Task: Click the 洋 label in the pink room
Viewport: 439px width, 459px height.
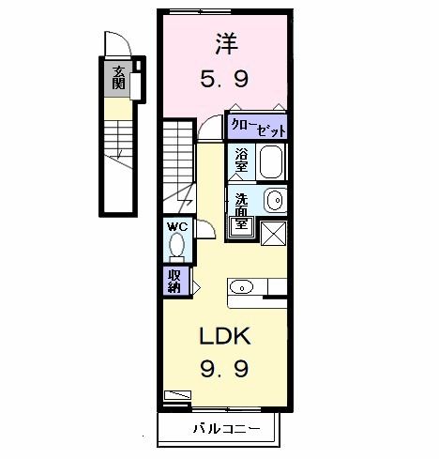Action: pos(226,44)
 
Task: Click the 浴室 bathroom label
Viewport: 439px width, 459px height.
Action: pos(242,161)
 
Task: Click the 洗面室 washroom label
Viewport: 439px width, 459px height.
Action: pos(241,211)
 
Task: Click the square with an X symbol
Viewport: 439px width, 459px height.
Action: pos(273,233)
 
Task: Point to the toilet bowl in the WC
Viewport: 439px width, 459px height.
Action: pos(175,247)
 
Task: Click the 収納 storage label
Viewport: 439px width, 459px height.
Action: pos(175,281)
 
